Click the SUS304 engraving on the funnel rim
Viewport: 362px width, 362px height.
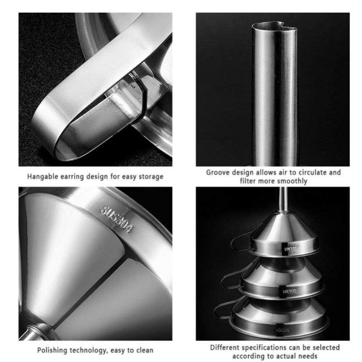117,219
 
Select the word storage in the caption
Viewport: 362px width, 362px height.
151,176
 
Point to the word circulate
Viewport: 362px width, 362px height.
311,172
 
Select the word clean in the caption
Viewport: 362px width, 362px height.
144,350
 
